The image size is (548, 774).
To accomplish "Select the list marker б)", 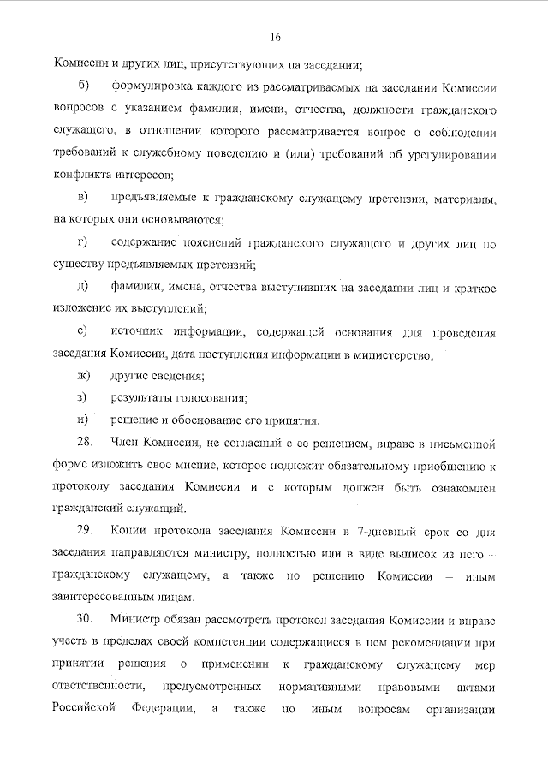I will point(82,86).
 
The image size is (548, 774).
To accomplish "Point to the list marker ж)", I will point(83,376).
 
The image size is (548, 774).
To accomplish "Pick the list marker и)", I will point(83,420).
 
